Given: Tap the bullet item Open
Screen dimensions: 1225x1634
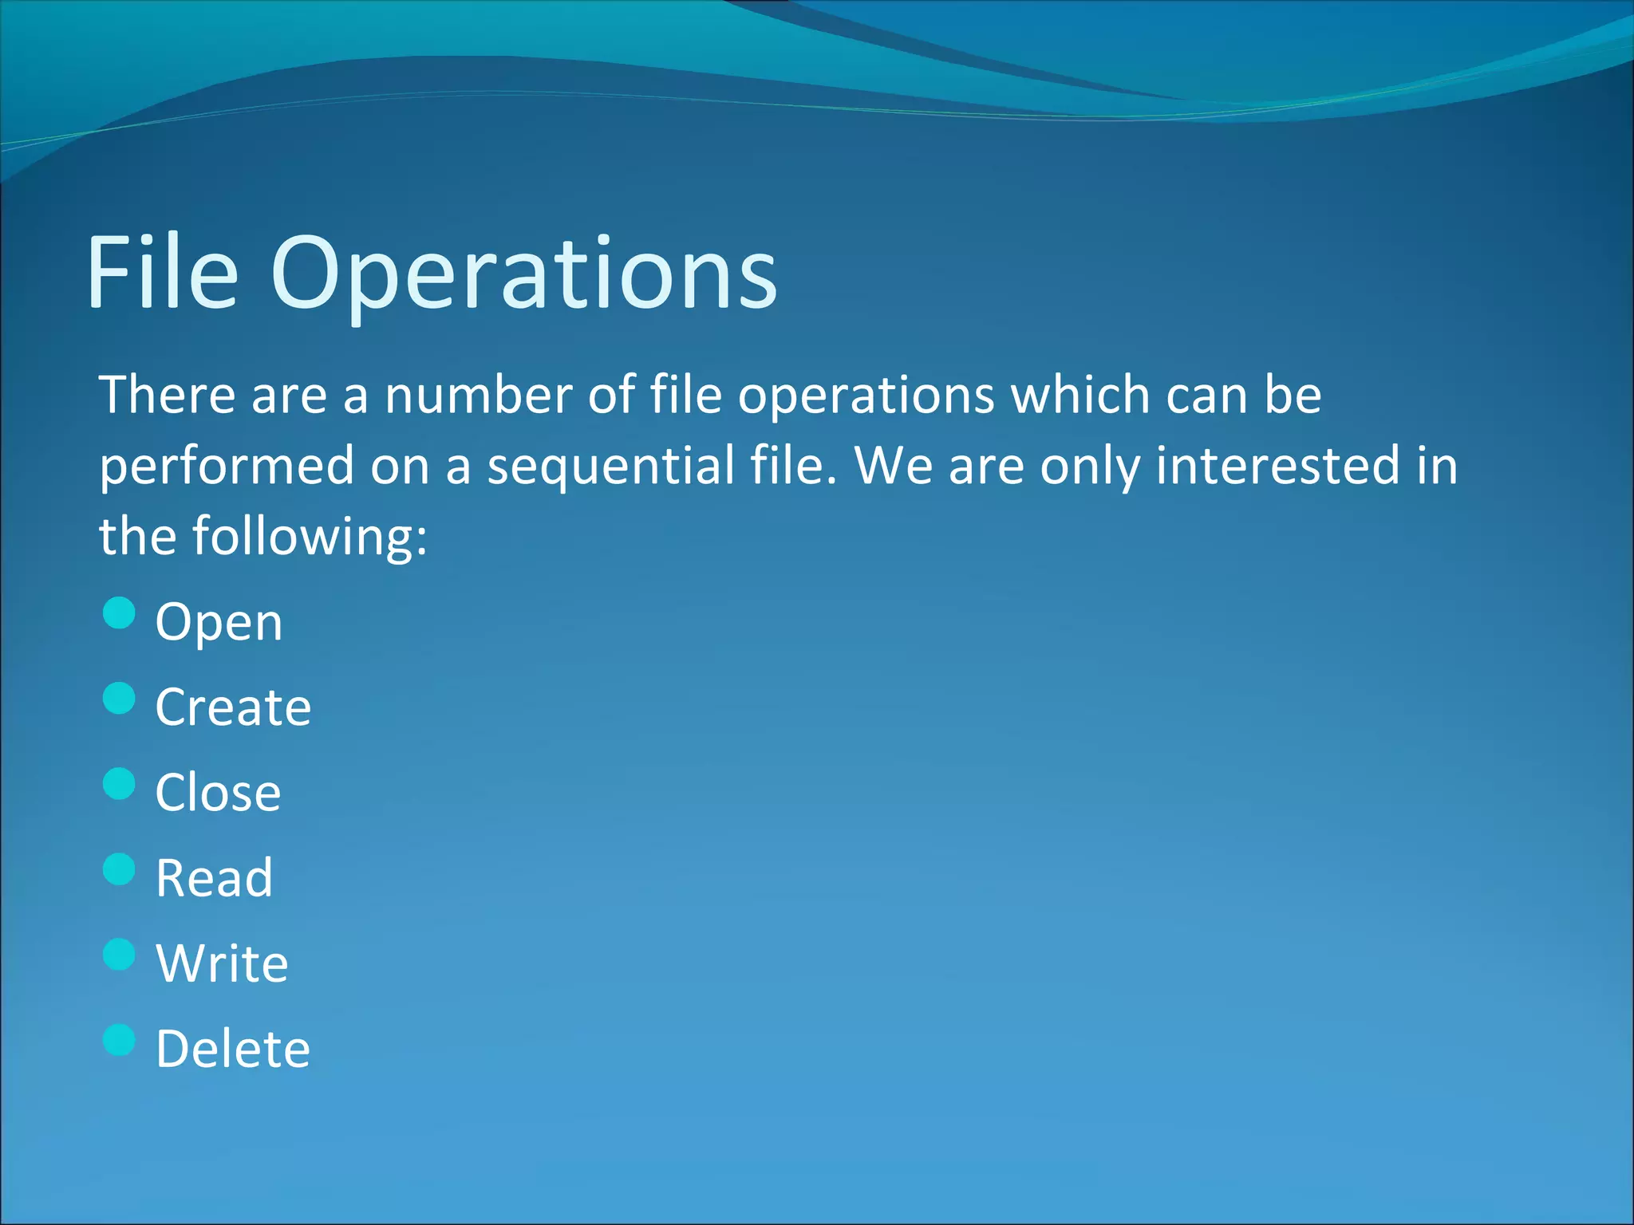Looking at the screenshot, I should pyautogui.click(x=219, y=622).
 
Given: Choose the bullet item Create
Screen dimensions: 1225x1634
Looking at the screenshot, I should pyautogui.click(x=233, y=707).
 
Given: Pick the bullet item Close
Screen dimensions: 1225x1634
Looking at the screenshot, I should pyautogui.click(x=218, y=793).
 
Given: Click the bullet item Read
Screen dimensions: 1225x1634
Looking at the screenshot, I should pyautogui.click(x=214, y=878).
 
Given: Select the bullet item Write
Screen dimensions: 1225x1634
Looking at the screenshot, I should pyautogui.click(x=222, y=963).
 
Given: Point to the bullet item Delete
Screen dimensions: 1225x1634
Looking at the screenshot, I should pyautogui.click(x=232, y=1049).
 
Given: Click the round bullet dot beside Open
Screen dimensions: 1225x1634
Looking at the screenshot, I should pyautogui.click(x=120, y=613).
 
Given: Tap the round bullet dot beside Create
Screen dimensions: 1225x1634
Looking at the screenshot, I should pyautogui.click(x=120, y=699).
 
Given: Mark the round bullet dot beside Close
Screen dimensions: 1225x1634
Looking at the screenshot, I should pyautogui.click(x=120, y=784).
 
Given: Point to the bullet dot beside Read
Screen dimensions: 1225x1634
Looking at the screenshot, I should pyautogui.click(x=120, y=869).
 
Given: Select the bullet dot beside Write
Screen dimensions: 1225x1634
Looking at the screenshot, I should pyautogui.click(x=120, y=955).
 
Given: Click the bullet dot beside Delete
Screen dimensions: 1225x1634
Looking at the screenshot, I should pyautogui.click(x=120, y=1040).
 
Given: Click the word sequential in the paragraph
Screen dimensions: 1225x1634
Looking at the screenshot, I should pyautogui.click(x=610, y=467).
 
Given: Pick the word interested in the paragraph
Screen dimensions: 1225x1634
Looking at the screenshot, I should pyautogui.click(x=1277, y=466).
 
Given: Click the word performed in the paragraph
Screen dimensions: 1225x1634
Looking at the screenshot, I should pyautogui.click(x=227, y=467).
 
